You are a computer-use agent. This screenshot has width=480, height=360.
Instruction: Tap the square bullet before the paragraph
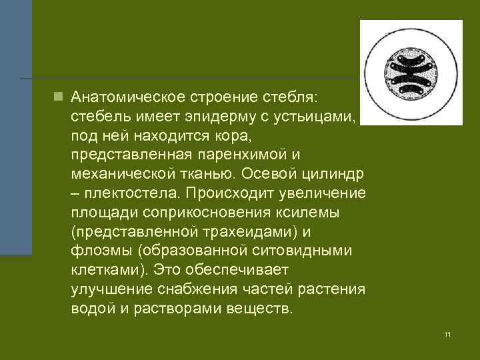point(59,97)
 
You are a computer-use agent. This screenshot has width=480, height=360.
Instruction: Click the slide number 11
point(447,333)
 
